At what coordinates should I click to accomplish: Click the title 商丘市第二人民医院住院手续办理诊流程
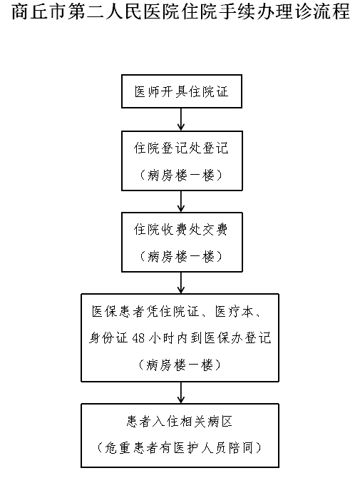181,11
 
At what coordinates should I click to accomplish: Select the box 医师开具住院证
182,91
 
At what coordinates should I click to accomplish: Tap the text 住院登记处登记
181,148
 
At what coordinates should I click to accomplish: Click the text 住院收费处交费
180,229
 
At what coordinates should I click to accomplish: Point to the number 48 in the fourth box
138,338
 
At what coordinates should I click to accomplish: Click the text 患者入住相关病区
180,422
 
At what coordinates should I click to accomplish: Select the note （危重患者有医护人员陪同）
180,447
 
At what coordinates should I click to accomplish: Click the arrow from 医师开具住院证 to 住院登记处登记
181,120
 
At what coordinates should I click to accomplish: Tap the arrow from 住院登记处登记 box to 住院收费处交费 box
181,201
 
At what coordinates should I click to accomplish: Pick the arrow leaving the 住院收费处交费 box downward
181,283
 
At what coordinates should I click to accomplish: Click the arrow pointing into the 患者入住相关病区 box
181,393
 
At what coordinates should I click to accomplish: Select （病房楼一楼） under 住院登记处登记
181,176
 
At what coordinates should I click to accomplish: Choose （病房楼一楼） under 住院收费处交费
181,257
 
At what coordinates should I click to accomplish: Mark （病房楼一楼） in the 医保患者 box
180,365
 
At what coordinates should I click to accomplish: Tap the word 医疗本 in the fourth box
235,311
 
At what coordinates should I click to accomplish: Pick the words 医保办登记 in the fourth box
237,338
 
